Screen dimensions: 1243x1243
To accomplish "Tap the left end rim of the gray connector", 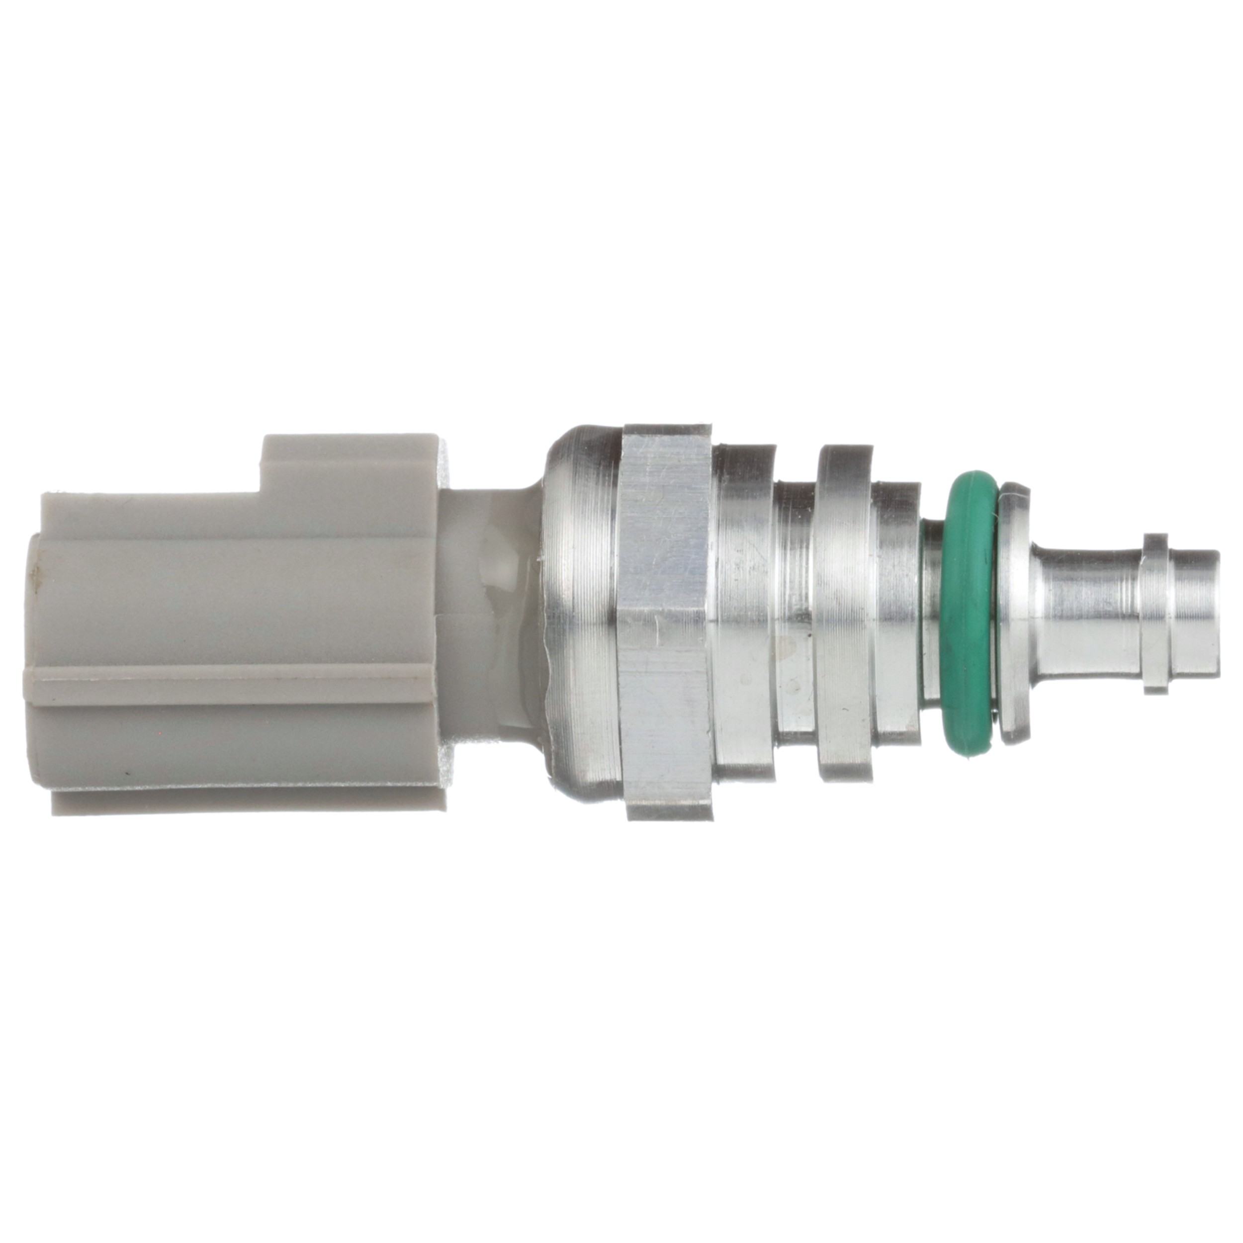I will pos(35,643).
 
